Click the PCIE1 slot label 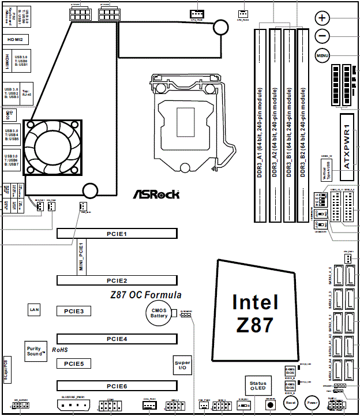click(117, 234)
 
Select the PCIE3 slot click(74, 311)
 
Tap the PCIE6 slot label click(117, 385)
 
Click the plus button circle click(322, 18)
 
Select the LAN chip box click(34, 310)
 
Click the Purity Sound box click(36, 351)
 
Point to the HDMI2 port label click(15, 40)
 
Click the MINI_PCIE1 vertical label click(81, 256)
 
